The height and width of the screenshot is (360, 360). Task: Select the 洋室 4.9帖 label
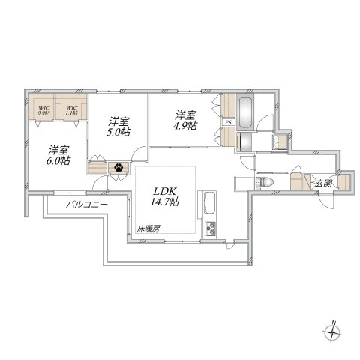coord(185,121)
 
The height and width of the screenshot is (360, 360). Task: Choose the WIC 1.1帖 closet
coord(73,111)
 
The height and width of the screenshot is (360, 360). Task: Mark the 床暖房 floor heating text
coord(148,229)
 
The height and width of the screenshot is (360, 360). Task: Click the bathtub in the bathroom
coord(246,110)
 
